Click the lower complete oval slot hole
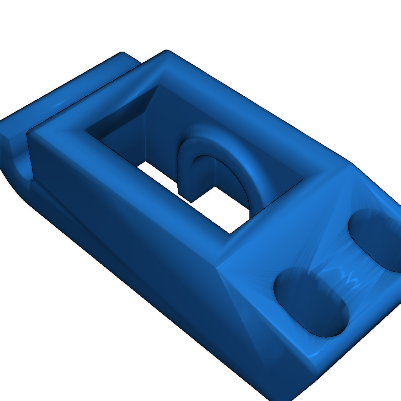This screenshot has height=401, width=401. (311, 302)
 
